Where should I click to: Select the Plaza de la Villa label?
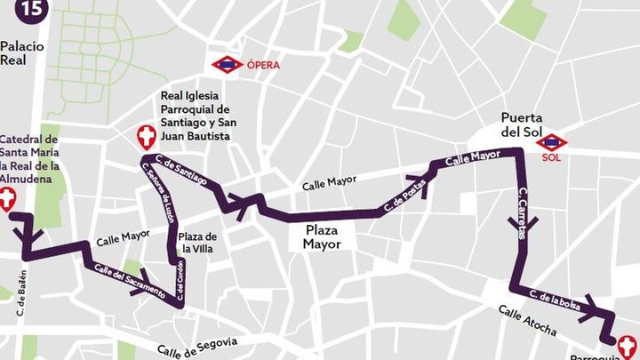tap(197, 243)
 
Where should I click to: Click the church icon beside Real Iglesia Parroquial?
tap(145, 136)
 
